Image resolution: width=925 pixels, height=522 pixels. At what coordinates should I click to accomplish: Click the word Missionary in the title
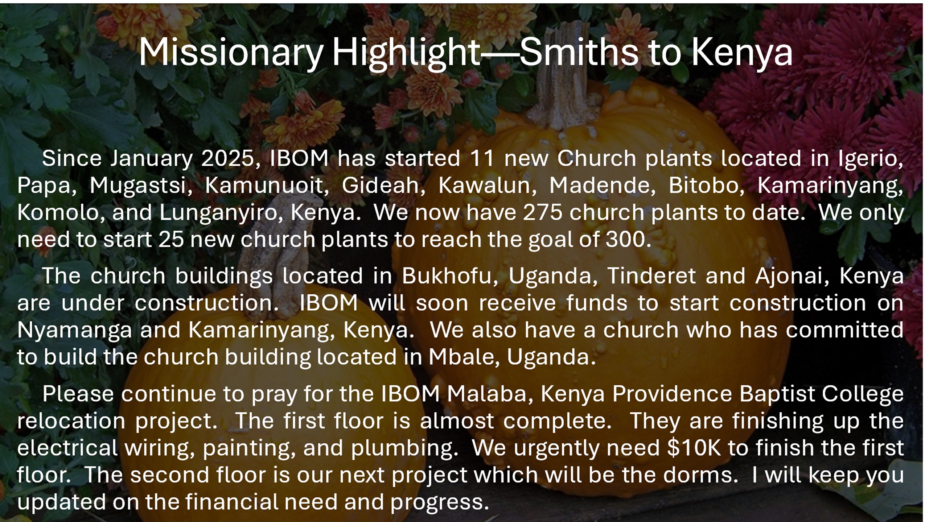click(231, 53)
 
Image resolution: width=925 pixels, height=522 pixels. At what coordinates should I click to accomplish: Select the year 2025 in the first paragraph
click(227, 158)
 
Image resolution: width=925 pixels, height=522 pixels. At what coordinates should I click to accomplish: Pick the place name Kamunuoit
click(263, 185)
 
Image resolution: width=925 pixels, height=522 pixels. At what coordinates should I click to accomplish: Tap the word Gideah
click(380, 185)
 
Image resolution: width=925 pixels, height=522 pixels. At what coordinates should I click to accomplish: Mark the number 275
click(542, 212)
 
